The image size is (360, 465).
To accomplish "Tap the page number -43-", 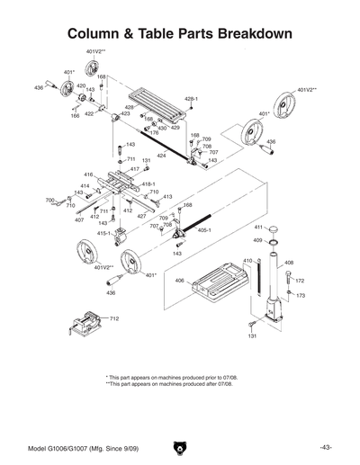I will (325, 447).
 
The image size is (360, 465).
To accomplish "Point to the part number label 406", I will (180, 281).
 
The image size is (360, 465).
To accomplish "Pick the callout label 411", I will (256, 228).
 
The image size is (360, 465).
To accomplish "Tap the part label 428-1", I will (191, 98).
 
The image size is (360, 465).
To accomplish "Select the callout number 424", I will (161, 156).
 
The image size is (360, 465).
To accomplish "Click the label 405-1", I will (203, 230).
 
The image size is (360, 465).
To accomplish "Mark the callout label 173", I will (301, 295).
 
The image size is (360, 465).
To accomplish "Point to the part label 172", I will (301, 281).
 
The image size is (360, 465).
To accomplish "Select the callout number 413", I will (167, 196).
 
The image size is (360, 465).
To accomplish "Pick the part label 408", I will (289, 263).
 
